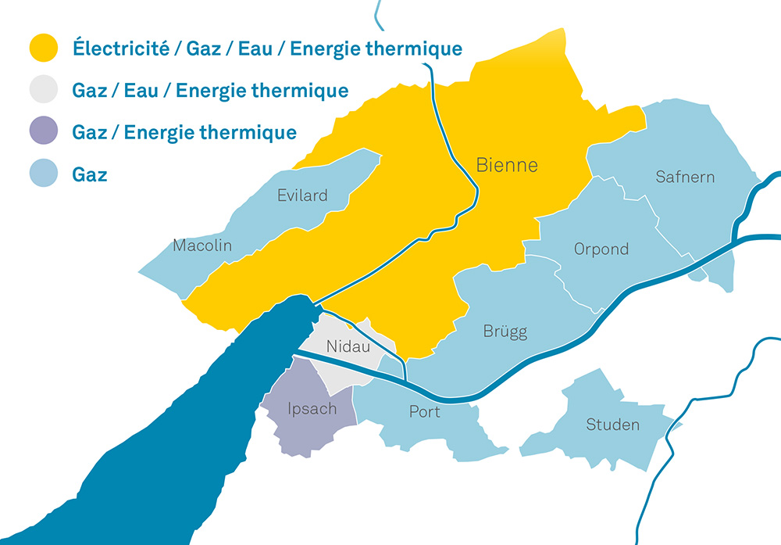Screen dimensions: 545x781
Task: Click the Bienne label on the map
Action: (x=507, y=165)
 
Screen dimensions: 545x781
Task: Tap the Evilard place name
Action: (x=302, y=195)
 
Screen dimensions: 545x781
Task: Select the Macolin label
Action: (x=202, y=246)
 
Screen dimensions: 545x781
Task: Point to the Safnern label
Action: (x=685, y=177)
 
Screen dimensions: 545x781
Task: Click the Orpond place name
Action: (x=601, y=249)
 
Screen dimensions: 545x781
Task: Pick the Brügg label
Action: (x=505, y=332)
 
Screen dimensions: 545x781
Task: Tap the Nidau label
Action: (x=348, y=346)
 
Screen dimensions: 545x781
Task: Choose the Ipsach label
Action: (x=312, y=409)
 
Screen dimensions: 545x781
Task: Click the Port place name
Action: (x=425, y=411)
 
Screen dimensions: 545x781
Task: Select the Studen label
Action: (x=612, y=425)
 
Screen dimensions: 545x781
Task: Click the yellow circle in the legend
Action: (x=44, y=48)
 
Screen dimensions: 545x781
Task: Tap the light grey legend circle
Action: (x=44, y=90)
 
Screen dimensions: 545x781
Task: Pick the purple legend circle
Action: (x=44, y=132)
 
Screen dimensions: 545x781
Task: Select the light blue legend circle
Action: (x=44, y=174)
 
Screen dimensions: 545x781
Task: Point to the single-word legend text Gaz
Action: (x=89, y=174)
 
